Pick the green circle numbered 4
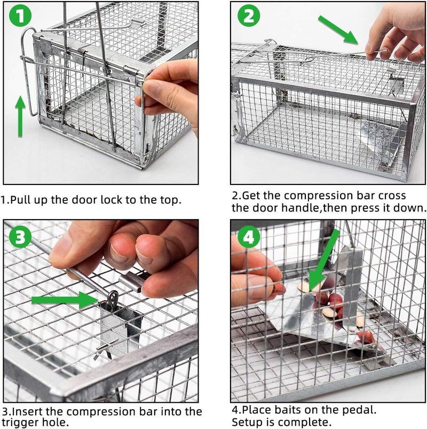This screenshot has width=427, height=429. (249, 238)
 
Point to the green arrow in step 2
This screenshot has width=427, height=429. (338, 29)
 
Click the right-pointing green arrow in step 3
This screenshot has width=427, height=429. (64, 300)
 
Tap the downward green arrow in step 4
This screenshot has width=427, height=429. (322, 261)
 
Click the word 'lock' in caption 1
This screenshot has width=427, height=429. (115, 200)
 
